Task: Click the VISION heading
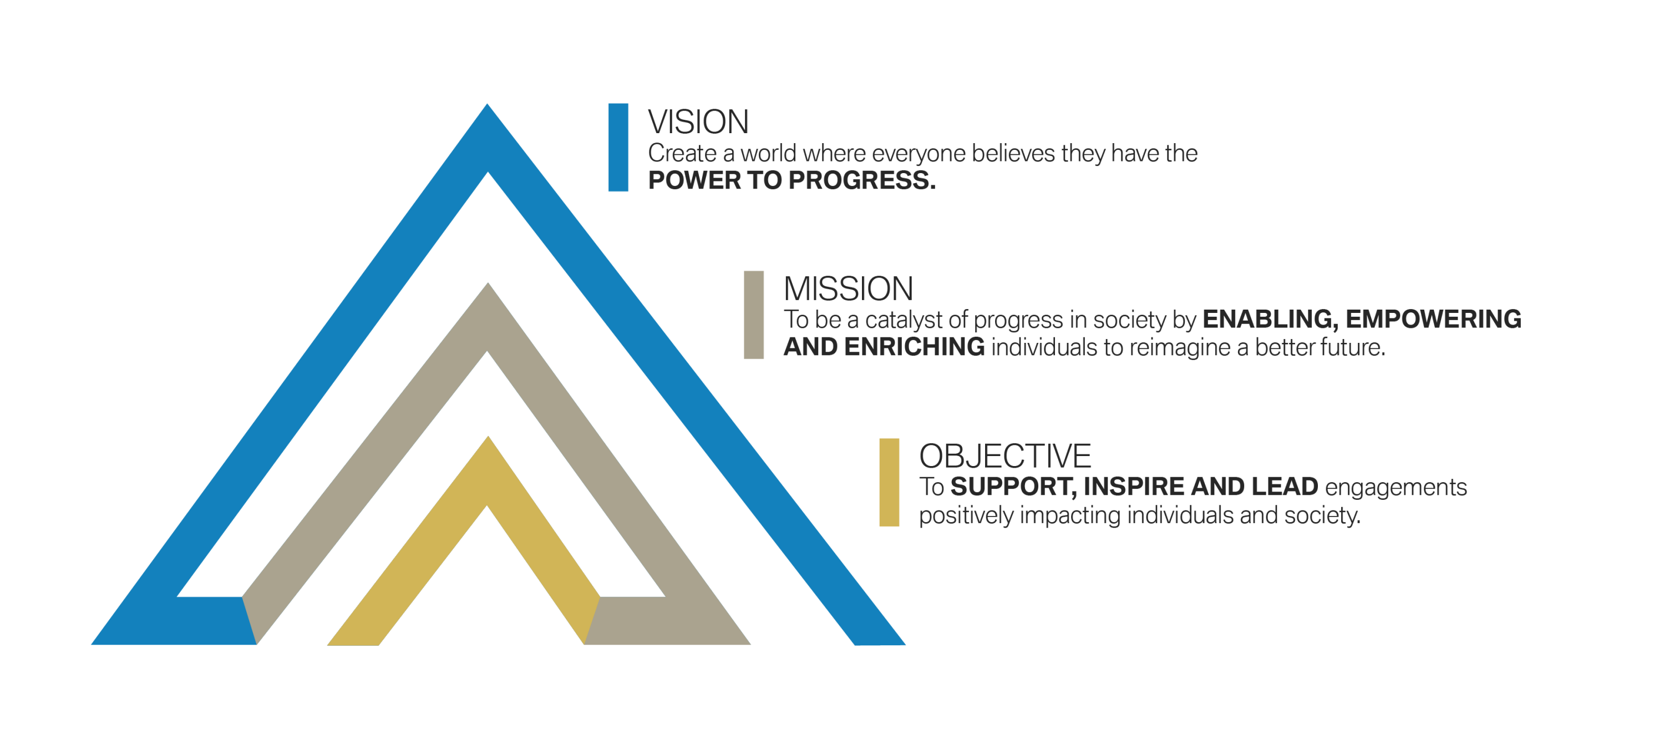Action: [698, 122]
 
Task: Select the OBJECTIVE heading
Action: [1005, 456]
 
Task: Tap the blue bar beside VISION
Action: [618, 148]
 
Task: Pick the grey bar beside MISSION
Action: [754, 315]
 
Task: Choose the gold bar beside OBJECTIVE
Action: [890, 482]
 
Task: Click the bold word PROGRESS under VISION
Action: [863, 180]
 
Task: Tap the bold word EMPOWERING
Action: [1433, 319]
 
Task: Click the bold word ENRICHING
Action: [914, 347]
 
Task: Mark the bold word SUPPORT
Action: [1013, 487]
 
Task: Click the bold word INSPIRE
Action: [1134, 487]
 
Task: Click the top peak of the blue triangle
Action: [487, 104]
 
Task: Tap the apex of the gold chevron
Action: [488, 436]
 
